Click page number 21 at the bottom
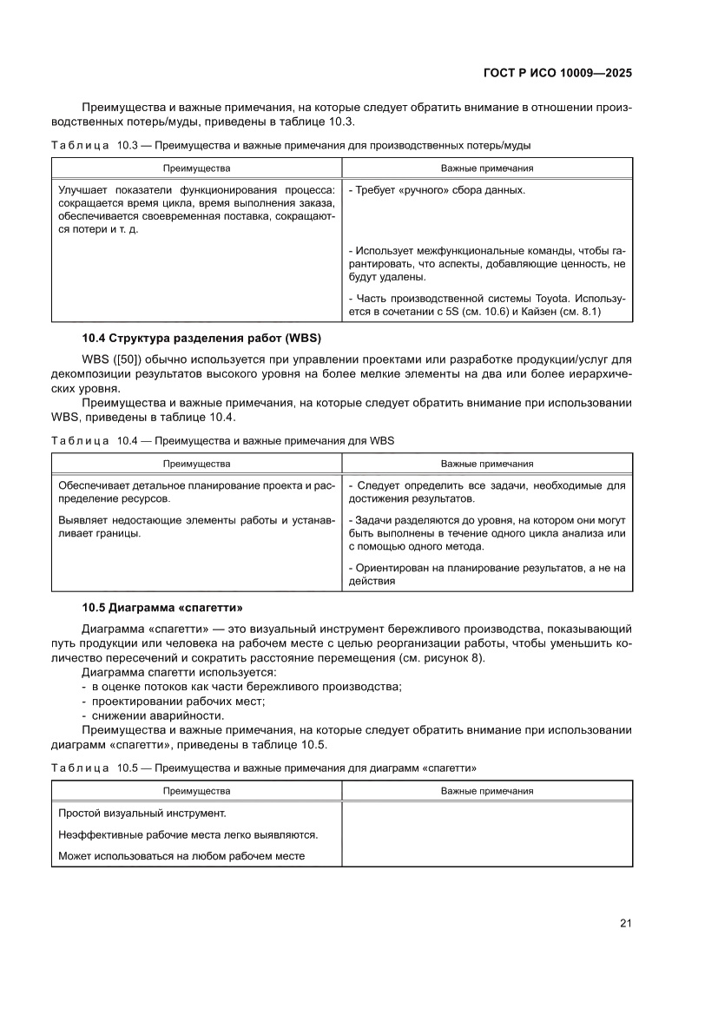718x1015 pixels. coord(625,923)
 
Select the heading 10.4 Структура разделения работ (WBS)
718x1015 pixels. coord(201,337)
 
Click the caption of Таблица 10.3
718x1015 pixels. coord(291,145)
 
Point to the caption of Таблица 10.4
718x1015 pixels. coord(223,440)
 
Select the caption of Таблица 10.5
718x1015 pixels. coord(264,768)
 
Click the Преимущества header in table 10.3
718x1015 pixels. coord(196,168)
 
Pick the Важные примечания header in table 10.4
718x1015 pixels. coord(487,464)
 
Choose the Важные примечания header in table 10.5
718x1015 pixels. coord(487,791)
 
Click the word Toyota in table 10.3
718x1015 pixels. coord(537,299)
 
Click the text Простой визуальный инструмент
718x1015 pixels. coord(142,814)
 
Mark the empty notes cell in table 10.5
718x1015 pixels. coord(487,834)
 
